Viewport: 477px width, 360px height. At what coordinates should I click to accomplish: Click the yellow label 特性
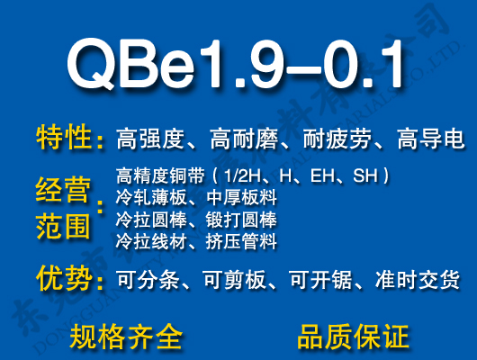pyautogui.click(x=64, y=139)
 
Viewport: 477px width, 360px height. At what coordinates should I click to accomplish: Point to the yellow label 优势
pyautogui.click(x=64, y=279)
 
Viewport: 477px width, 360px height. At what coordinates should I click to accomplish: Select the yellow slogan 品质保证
pyautogui.click(x=353, y=337)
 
